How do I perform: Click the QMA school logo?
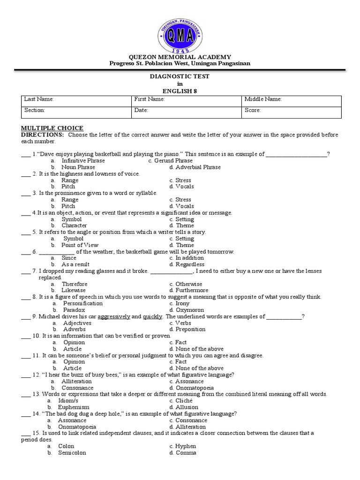tap(180, 32)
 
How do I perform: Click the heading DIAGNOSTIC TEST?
tap(180, 76)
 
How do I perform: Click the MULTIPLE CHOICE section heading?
tap(52, 128)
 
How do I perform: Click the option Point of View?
tap(80, 245)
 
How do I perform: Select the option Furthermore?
tap(191, 291)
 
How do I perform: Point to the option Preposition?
tap(190, 329)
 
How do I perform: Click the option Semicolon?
tap(72, 453)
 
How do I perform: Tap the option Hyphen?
tap(185, 446)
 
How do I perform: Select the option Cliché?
tap(184, 401)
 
